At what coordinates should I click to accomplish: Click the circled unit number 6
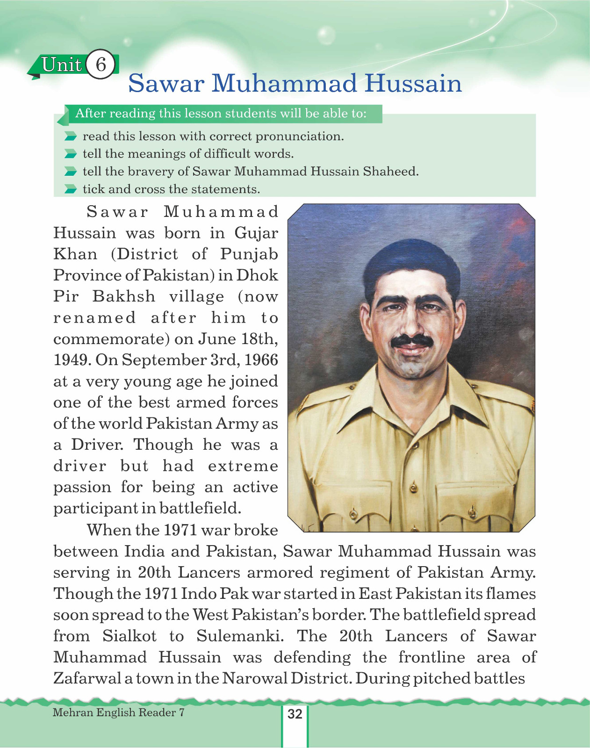101,64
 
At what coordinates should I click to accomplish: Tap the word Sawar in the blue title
166,84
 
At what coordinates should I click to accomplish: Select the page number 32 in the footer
295,714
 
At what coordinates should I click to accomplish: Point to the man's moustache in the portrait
411,341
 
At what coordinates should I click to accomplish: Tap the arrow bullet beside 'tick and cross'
71,189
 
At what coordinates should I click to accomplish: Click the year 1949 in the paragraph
72,360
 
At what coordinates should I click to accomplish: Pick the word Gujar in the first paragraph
256,233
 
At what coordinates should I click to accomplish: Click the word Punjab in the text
249,254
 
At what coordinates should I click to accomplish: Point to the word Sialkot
130,636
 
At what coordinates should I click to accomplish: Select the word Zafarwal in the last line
87,678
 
